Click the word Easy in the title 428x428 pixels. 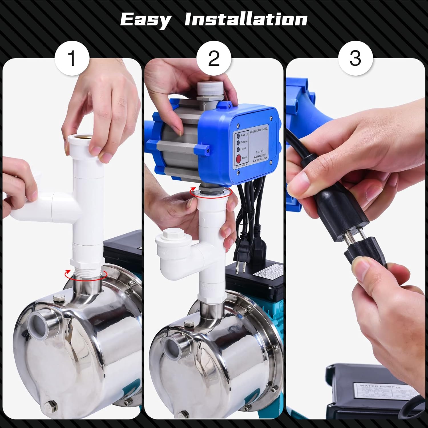pos(145,20)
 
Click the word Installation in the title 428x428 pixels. pos(246,19)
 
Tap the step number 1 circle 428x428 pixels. pos(72,58)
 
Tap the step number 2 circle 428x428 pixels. pos(214,58)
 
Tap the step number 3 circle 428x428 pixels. pos(355,58)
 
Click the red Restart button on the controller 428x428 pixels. pos(239,158)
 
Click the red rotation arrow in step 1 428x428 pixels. pos(86,274)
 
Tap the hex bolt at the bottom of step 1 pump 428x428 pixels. pos(51,405)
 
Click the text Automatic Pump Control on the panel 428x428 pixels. pos(259,132)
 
